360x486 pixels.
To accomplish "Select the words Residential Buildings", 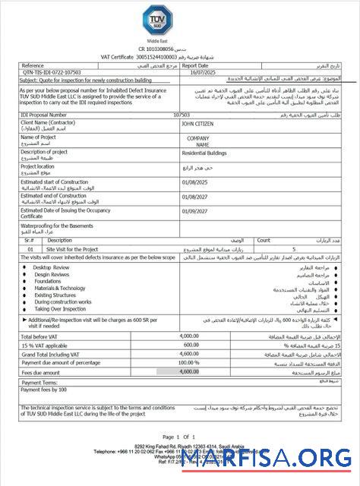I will (x=207, y=153).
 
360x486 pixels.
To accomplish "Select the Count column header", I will (x=264, y=240).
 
